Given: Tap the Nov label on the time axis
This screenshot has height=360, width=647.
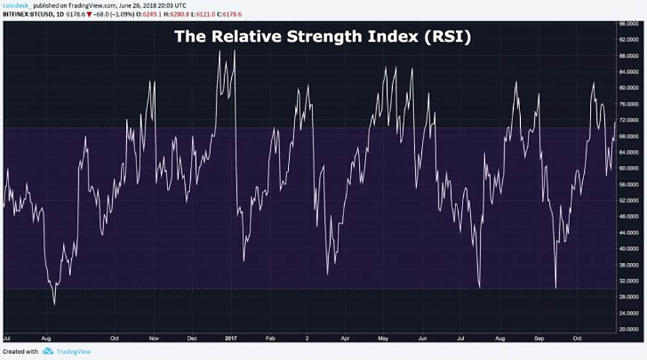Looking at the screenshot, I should click(x=154, y=338).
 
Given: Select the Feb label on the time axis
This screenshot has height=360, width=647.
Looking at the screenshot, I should click(x=270, y=338).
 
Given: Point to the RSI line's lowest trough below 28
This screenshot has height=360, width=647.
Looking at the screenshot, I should click(x=54, y=304).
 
